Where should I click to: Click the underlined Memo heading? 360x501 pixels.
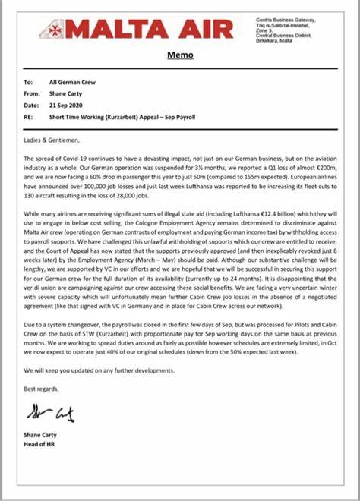point(180,55)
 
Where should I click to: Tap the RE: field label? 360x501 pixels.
point(29,118)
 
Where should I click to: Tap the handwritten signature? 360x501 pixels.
point(50,414)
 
